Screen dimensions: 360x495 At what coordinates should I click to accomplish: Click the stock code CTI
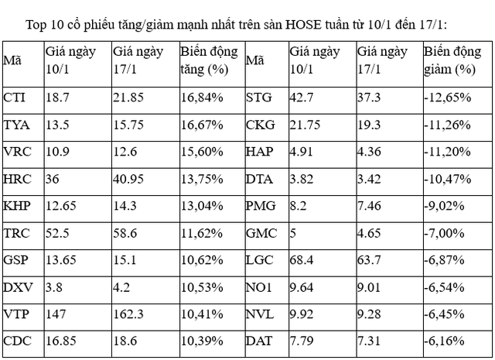(13, 98)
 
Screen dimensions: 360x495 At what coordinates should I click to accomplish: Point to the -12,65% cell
(446, 98)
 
